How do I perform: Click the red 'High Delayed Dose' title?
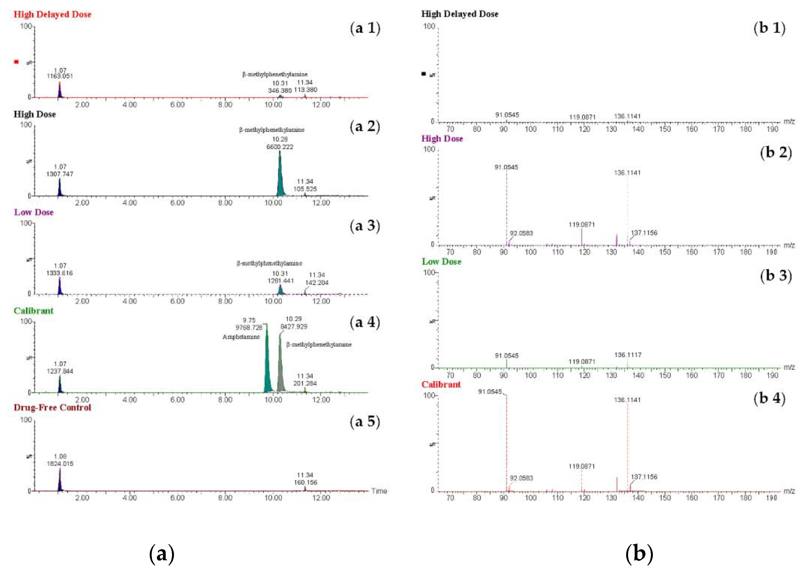[x=52, y=15]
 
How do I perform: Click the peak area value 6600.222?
[x=280, y=147]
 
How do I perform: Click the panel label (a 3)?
[x=365, y=226]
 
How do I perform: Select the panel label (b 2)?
[x=776, y=152]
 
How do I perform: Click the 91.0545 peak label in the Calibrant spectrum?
[x=490, y=392]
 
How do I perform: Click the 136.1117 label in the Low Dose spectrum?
[x=628, y=355]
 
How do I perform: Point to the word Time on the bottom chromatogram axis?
[x=379, y=491]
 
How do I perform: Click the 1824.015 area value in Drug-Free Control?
[x=60, y=463]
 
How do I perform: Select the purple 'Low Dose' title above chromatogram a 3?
[x=34, y=212]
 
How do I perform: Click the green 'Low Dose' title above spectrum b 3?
[x=441, y=262]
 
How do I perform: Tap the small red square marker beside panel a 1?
[x=16, y=62]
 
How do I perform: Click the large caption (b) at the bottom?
[x=639, y=553]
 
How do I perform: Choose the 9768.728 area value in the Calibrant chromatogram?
[x=249, y=328]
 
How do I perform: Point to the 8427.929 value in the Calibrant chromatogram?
[x=294, y=327]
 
